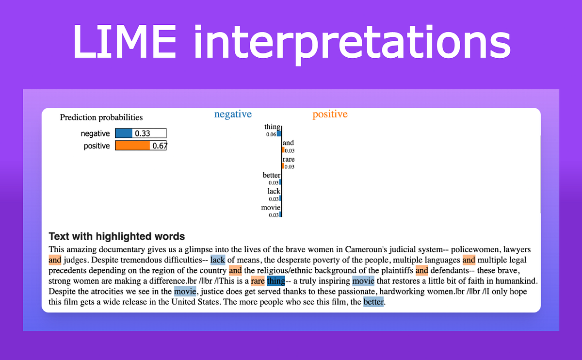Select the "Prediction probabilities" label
[101, 117]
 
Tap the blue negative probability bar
[124, 133]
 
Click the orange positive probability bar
[132, 146]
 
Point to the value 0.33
[143, 133]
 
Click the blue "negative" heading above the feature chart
[233, 115]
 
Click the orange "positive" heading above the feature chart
[330, 115]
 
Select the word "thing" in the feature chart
[272, 127]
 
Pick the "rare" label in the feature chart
[288, 159]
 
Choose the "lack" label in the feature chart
[274, 191]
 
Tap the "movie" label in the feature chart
[271, 207]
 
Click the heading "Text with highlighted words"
[117, 237]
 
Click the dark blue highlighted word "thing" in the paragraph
[275, 281]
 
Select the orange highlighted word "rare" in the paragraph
[258, 281]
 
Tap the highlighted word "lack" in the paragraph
[218, 260]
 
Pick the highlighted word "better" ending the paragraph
[373, 302]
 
